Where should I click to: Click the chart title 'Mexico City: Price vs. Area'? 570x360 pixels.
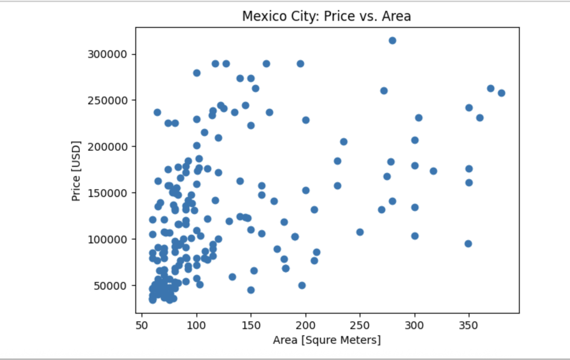point(326,16)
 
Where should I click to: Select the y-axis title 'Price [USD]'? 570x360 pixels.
point(76,171)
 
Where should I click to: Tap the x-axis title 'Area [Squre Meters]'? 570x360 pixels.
point(327,340)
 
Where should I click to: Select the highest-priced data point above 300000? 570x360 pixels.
point(392,40)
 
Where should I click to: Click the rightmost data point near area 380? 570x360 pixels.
point(501,93)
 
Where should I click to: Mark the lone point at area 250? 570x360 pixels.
point(360,232)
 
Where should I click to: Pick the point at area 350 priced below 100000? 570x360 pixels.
point(468,244)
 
